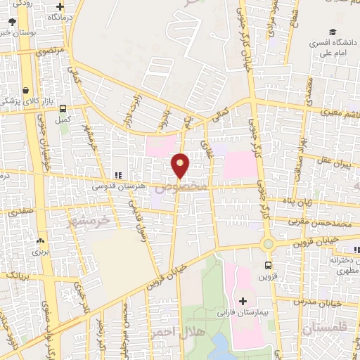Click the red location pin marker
pos(181,165)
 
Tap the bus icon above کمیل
pos(64,109)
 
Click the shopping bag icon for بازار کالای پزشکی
pos(25,91)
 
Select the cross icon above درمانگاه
pos(60,6)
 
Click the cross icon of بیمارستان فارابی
pos(243,300)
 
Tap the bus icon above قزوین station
pos(267,265)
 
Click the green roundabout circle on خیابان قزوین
pos(267,244)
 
